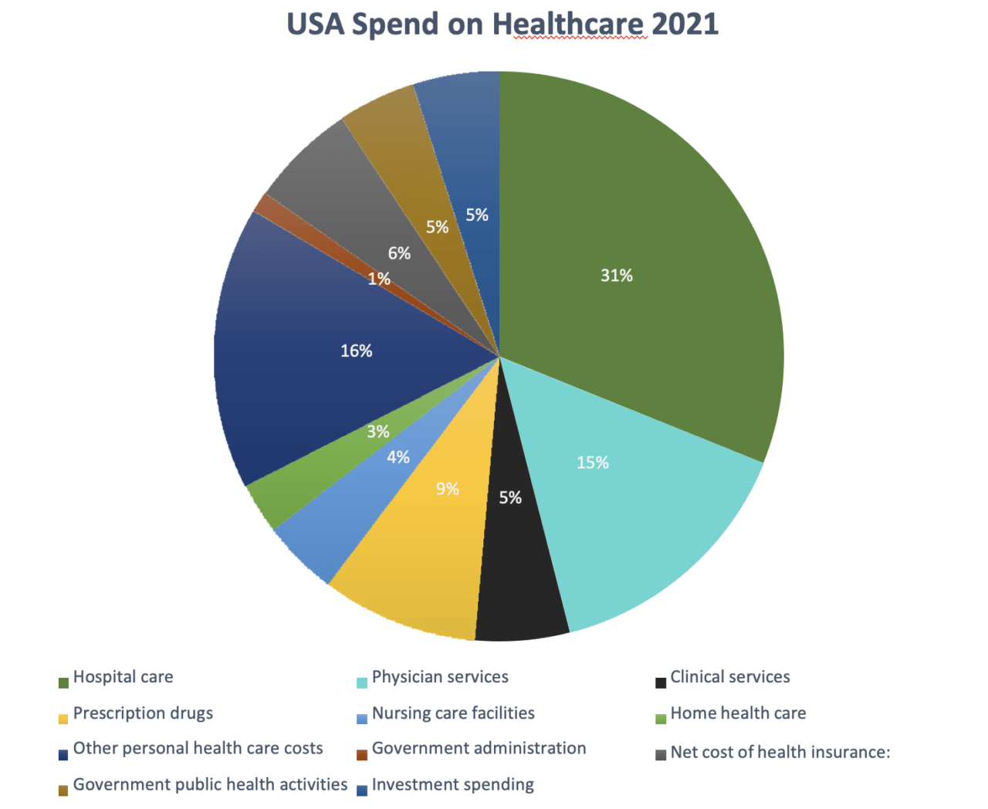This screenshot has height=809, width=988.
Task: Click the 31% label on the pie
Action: point(616,276)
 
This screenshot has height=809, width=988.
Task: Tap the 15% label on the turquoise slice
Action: point(592,462)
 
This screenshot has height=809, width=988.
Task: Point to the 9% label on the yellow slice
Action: point(447,489)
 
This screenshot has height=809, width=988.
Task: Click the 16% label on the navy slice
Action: point(356,351)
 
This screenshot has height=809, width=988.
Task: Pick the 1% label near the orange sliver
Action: point(378,279)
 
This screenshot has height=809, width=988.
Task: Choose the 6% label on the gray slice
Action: point(399,253)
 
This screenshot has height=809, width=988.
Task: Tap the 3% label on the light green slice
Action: point(377,432)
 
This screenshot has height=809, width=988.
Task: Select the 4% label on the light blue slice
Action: point(398,458)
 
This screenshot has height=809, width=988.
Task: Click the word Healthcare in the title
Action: point(568,25)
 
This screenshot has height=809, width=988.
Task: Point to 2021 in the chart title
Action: point(685,25)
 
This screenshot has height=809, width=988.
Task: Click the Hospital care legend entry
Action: point(123,678)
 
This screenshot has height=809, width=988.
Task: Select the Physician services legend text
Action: point(440,678)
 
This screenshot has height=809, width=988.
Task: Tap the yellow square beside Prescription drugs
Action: point(63,719)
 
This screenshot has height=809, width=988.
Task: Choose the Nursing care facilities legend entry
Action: point(453,713)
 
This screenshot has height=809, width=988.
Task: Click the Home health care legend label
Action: point(738,713)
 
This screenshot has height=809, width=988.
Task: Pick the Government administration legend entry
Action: point(479,749)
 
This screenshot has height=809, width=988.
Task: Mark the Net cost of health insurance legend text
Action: point(780,753)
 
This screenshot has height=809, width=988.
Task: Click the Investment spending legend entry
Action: point(452,785)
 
